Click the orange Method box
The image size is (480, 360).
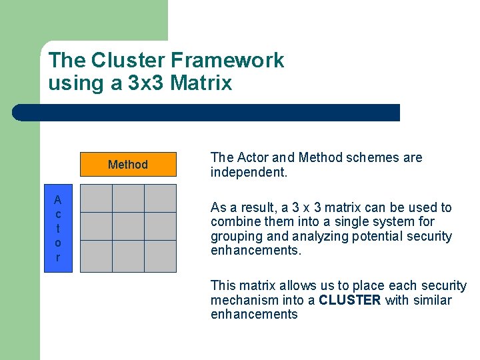click(x=128, y=165)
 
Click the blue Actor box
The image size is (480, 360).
click(x=58, y=228)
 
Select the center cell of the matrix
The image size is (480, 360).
click(x=128, y=227)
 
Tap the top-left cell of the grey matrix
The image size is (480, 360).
click(x=96, y=198)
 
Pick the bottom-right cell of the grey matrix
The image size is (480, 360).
click(x=160, y=256)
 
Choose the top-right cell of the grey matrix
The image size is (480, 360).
click(x=160, y=198)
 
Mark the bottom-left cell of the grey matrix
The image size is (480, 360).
click(x=96, y=256)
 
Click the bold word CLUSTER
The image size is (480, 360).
click(x=349, y=300)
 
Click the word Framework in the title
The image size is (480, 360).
click(x=227, y=61)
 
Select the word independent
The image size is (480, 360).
click(x=249, y=172)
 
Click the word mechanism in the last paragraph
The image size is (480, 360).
click(x=241, y=300)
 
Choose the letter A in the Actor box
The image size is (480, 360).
click(x=58, y=200)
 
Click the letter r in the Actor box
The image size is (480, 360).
click(x=58, y=257)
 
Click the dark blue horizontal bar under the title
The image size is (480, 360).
click(x=207, y=113)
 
